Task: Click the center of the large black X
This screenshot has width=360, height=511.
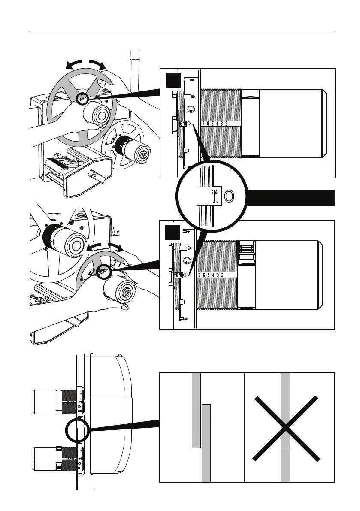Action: click(x=286, y=429)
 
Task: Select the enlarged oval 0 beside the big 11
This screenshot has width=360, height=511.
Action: click(x=229, y=197)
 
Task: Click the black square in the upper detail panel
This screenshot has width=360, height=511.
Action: click(x=172, y=80)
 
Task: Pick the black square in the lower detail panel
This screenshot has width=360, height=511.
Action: click(x=172, y=233)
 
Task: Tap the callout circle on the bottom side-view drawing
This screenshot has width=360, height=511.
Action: click(x=77, y=430)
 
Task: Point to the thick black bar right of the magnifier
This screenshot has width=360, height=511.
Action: click(x=292, y=197)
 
